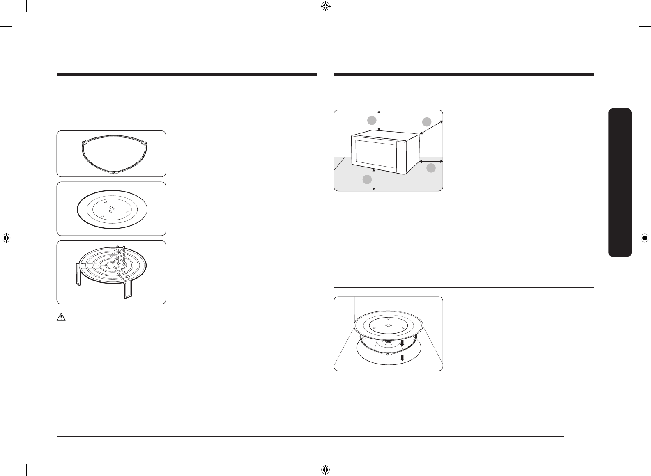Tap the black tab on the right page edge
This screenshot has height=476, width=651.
click(x=620, y=182)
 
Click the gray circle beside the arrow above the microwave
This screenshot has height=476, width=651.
click(x=371, y=120)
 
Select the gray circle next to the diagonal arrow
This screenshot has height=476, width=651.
click(x=427, y=121)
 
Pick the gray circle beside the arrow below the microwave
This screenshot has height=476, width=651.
click(x=367, y=179)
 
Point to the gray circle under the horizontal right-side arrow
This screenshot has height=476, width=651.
click(x=431, y=168)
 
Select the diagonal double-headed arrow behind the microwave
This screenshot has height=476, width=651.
click(x=431, y=127)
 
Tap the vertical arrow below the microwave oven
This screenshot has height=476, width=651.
click(x=374, y=179)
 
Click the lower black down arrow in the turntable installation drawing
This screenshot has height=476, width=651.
click(x=403, y=357)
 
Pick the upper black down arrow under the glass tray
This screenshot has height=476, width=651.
click(x=403, y=343)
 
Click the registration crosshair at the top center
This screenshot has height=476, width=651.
click(x=325, y=6)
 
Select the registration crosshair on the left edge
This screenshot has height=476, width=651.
click(x=6, y=238)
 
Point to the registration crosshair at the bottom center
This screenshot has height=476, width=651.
click(x=325, y=469)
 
